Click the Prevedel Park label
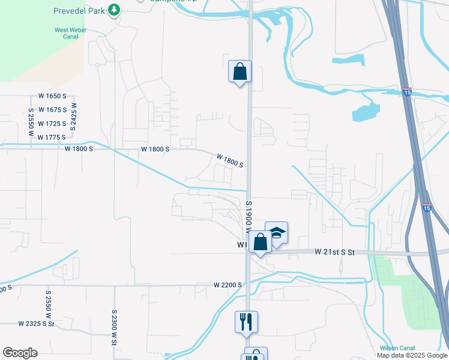79,10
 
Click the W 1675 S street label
52,110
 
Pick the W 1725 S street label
52,124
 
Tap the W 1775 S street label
51,137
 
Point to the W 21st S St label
335,253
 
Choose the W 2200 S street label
228,285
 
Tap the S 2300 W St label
114,328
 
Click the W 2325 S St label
36,324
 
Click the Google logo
20,353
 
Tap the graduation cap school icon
277,232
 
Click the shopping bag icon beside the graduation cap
261,242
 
